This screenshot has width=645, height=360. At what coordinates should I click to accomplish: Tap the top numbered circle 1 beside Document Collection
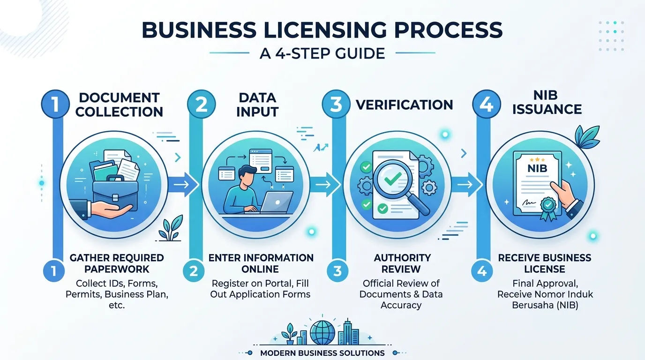click(x=55, y=104)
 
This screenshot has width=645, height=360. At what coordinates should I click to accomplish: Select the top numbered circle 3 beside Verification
click(x=336, y=104)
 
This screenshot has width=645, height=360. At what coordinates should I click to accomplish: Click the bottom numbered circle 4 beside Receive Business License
click(x=482, y=271)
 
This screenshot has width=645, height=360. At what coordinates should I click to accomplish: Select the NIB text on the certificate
click(x=537, y=168)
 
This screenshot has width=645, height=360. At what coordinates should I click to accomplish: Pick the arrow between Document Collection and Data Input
click(x=183, y=184)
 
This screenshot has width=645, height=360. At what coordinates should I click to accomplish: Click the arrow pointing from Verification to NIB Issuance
click(x=466, y=184)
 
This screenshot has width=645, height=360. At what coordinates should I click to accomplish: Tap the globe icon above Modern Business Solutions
click(x=323, y=333)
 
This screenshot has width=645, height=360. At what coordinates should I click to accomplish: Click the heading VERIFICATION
click(x=404, y=105)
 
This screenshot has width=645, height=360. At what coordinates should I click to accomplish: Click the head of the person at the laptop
click(x=247, y=175)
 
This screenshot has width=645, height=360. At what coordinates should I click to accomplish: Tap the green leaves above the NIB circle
click(x=587, y=137)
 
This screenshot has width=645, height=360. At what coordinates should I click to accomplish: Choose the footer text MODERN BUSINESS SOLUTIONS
click(x=322, y=353)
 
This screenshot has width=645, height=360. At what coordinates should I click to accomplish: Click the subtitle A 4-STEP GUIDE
click(x=322, y=53)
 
